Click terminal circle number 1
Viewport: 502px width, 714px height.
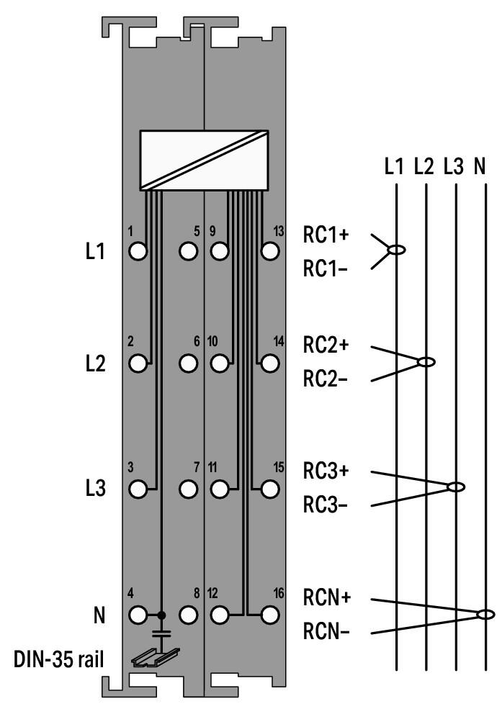click(x=138, y=252)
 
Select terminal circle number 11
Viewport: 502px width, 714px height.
click(x=219, y=489)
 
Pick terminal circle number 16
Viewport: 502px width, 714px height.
click(x=270, y=615)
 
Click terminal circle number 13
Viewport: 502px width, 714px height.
click(x=270, y=252)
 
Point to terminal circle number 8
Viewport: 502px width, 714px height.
click(x=189, y=615)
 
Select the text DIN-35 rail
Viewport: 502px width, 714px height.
click(x=60, y=660)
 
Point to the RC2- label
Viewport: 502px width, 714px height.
click(x=326, y=380)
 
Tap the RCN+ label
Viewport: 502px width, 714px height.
click(x=326, y=598)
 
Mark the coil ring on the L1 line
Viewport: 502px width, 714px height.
click(x=395, y=250)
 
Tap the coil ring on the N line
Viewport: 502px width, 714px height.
click(x=486, y=614)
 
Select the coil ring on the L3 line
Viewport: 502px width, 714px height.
click(x=455, y=487)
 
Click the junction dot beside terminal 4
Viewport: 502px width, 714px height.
click(x=162, y=615)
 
